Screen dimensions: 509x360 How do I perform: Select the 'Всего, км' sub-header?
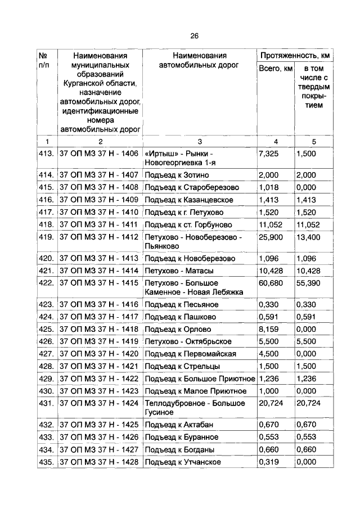[x=276, y=69]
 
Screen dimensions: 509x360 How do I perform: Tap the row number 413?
[x=46, y=153]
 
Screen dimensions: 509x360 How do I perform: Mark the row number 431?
[x=46, y=403]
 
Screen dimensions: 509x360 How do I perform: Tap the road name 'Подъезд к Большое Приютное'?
[x=200, y=379]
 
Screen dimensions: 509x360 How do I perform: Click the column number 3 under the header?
[x=200, y=141]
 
